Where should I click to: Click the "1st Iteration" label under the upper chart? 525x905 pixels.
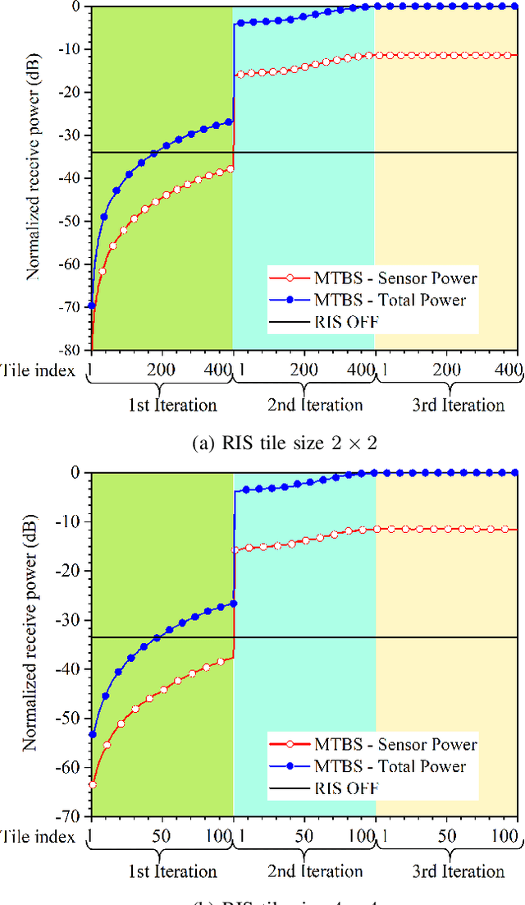[x=174, y=405]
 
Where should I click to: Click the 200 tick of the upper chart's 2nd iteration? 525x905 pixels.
[x=304, y=370]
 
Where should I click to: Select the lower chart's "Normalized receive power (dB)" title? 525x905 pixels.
[x=31, y=641]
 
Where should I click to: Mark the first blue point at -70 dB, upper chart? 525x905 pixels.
[x=91, y=305]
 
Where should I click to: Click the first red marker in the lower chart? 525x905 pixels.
[x=92, y=784]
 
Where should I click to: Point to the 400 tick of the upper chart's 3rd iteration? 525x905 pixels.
[x=508, y=370]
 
